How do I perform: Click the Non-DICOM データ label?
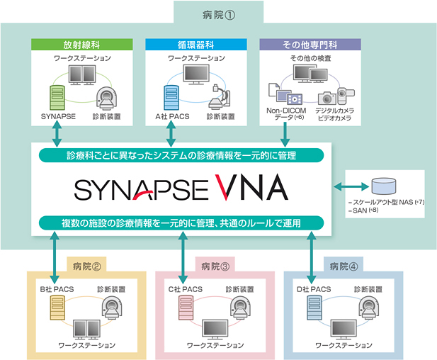point(285,115)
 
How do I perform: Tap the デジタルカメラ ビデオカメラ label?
point(336,115)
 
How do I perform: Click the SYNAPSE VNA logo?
point(181,188)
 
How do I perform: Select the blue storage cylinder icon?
point(382,186)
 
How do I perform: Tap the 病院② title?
point(86,266)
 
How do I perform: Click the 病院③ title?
point(213,266)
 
